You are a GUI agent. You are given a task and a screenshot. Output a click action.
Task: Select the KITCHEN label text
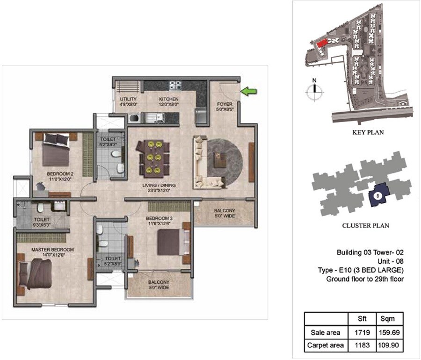pyautogui.click(x=168, y=99)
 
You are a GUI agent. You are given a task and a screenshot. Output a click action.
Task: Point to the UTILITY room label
pyautogui.click(x=128, y=99)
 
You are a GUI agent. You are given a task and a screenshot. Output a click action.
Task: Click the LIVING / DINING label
pyautogui.click(x=159, y=187)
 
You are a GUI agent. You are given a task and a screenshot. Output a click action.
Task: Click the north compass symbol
pyautogui.click(x=315, y=90)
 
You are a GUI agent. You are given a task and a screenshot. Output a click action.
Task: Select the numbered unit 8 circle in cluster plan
pyautogui.click(x=377, y=195)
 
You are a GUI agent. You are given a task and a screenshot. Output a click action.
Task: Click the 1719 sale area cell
pyautogui.click(x=363, y=332)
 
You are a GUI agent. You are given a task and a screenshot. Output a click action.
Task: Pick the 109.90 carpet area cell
pyautogui.click(x=389, y=346)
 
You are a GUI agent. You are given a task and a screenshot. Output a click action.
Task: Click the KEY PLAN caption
pyautogui.click(x=368, y=132)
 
